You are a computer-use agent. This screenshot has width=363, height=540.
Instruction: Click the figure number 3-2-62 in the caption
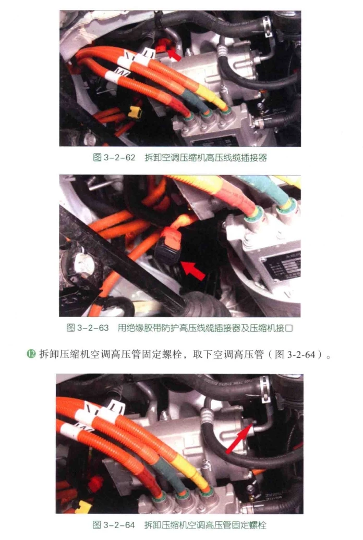(119, 157)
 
